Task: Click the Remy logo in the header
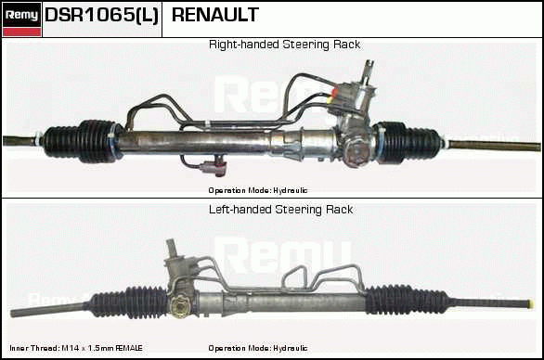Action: click(22, 19)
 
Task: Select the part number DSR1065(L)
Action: click(102, 15)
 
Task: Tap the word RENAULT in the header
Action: click(215, 15)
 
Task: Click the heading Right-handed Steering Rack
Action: click(284, 45)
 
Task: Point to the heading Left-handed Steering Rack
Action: click(281, 210)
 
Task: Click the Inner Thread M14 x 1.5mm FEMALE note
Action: click(76, 348)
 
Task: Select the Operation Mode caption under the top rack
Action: click(258, 190)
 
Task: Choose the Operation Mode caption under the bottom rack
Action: click(258, 348)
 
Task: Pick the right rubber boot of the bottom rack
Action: click(407, 300)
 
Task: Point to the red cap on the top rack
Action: click(335, 93)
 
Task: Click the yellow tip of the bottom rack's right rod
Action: click(530, 304)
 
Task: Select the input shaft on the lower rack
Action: click(172, 248)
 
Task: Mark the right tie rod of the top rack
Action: click(493, 145)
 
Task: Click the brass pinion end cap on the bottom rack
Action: click(179, 307)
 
